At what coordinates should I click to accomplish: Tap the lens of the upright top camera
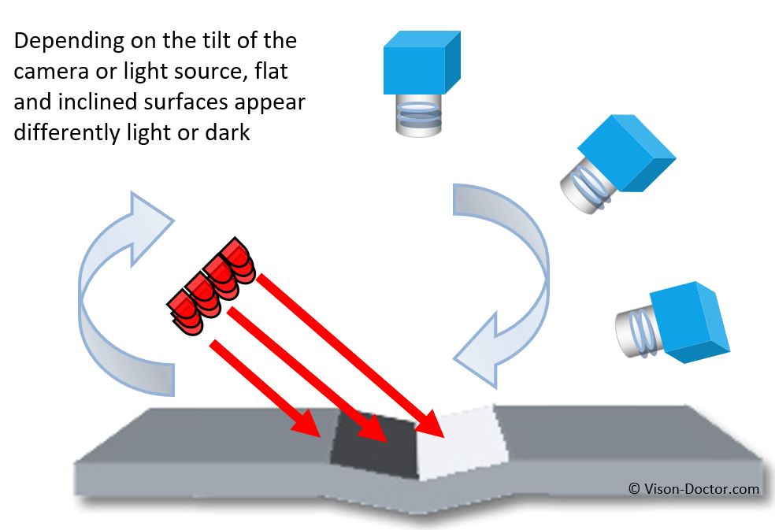(x=417, y=115)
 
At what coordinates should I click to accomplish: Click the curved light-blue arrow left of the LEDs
(x=118, y=291)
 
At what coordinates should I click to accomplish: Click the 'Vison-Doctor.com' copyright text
(x=694, y=489)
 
